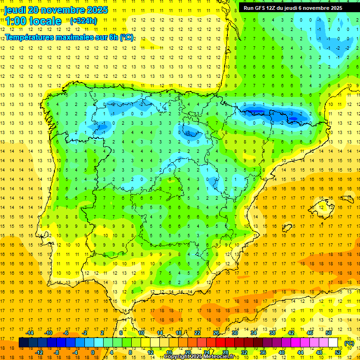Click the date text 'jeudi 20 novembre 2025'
pos(56,10)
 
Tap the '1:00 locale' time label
pos(33,21)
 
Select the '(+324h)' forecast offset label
pos(83,21)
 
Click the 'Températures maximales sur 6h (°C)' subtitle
pos(69,37)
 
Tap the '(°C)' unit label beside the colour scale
pos(349,343)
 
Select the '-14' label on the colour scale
pos(30,333)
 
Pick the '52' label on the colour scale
pos(338,352)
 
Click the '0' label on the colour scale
pos(93,352)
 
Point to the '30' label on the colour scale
pos(234,333)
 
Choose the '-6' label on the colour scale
pos(66,333)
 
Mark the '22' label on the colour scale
pos(197,333)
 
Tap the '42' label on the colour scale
pos(291,333)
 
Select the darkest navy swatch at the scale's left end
pos(23,343)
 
